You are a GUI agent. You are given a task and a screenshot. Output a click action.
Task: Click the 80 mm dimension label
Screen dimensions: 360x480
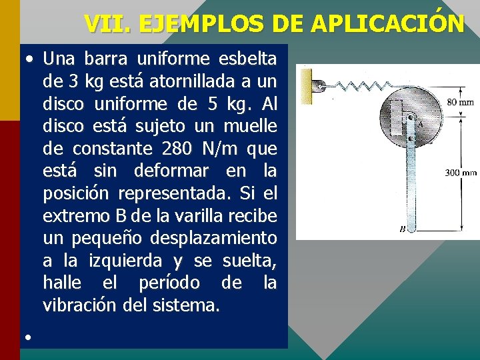[460, 103]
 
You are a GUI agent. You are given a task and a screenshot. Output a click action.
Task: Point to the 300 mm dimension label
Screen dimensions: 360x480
[461, 173]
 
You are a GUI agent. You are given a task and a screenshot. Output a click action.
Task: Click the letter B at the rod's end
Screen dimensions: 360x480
[402, 229]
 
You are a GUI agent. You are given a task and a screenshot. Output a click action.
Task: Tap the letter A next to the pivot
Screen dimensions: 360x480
[421, 123]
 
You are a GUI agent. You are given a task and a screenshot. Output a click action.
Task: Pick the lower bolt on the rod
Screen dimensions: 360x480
[412, 139]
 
